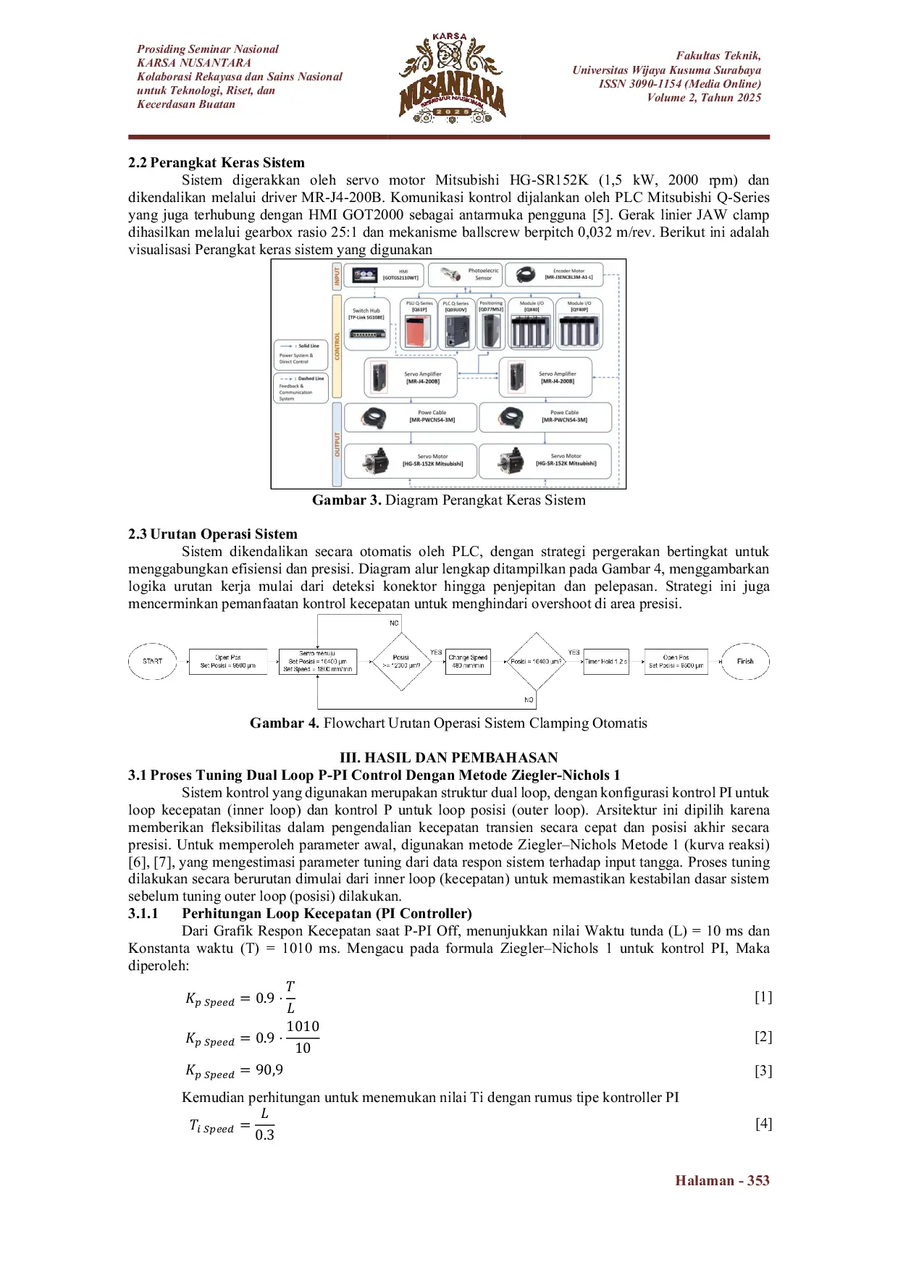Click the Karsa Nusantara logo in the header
[452, 78]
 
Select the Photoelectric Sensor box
[464, 274]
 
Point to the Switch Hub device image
[367, 334]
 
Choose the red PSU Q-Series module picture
[418, 332]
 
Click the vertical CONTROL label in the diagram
[337, 346]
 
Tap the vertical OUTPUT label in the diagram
[337, 444]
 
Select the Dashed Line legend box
[301, 387]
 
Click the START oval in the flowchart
[152, 661]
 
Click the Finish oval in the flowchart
[745, 661]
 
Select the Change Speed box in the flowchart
[468, 661]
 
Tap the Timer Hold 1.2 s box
[606, 662]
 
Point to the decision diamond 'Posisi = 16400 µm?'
[536, 661]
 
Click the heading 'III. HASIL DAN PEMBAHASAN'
[448, 757]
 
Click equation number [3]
[763, 1071]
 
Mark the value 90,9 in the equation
[269, 1070]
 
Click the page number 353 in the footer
[758, 1181]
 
